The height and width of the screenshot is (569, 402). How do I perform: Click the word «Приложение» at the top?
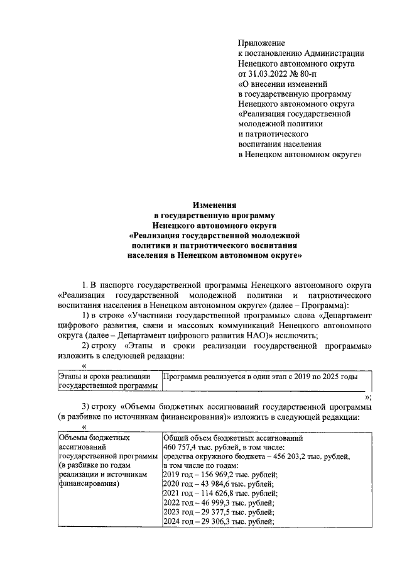coord(261,43)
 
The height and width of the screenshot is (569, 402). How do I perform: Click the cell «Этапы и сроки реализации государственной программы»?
coord(107,381)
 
